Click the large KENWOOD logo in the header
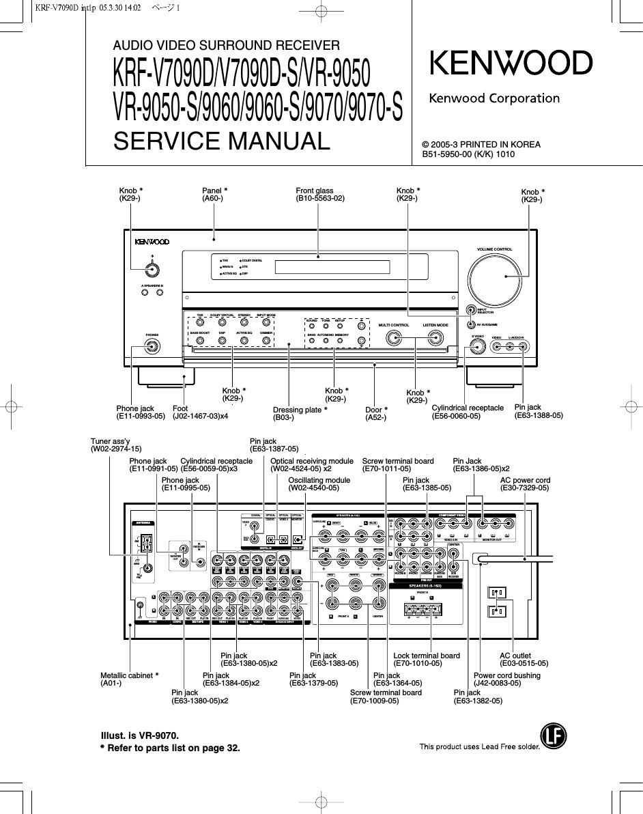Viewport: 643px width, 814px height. pos(511,64)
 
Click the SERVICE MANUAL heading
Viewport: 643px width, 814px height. pos(221,141)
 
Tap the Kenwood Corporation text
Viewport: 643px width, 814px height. pos(494,98)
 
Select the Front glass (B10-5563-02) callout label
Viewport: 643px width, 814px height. pos(320,195)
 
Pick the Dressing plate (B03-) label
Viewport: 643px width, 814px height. pos(300,413)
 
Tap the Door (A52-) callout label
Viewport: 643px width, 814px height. pos(376,414)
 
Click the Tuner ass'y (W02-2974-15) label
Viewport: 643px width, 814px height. pos(116,445)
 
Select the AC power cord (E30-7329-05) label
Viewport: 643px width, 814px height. pos(524,484)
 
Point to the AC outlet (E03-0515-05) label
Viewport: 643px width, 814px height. pos(524,660)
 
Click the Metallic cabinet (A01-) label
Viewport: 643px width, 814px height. pos(129,679)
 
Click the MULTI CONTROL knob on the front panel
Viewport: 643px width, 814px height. pos(394,337)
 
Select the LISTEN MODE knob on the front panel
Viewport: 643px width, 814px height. pos(435,337)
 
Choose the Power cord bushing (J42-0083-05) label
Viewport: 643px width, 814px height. pos(506,679)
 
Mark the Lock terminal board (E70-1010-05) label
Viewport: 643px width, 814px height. pos(427,660)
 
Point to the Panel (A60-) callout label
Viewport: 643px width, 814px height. pos(214,195)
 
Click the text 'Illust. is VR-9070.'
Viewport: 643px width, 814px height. pos(139,735)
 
